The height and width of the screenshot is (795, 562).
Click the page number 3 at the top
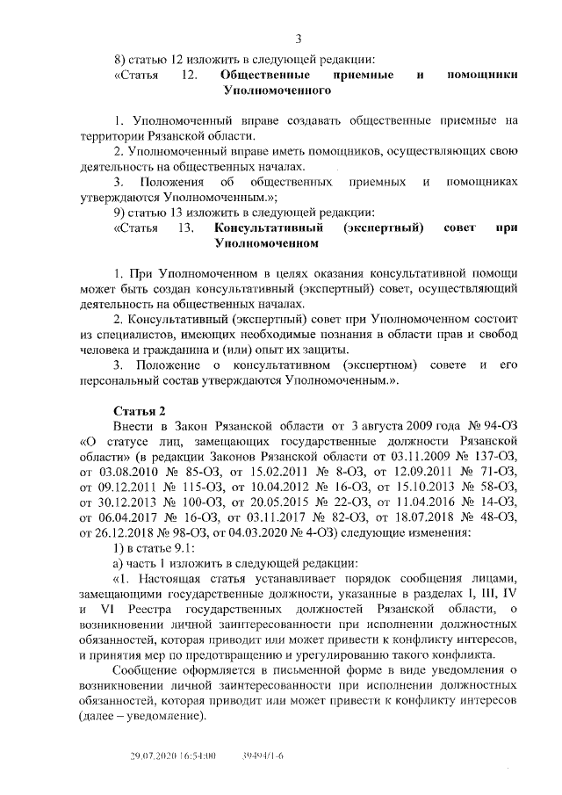pos(299,37)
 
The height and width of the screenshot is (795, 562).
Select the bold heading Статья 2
pos(139,410)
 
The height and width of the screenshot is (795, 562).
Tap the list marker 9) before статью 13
pos(122,212)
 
